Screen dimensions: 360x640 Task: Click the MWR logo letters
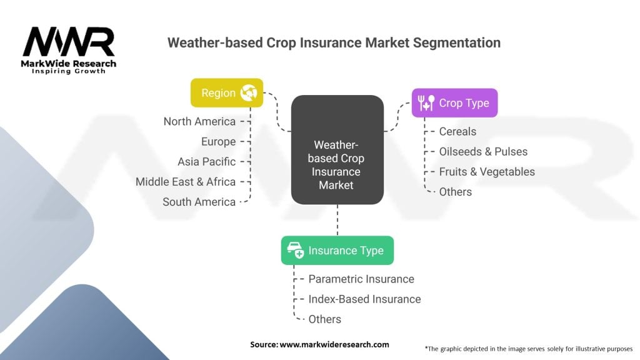point(69,42)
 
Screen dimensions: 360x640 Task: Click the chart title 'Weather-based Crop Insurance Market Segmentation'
point(334,43)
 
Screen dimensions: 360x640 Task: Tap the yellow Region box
point(226,93)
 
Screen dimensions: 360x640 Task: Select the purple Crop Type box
point(454,103)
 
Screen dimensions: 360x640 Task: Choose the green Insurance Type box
point(337,251)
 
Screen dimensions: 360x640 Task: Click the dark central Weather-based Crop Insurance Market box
point(337,150)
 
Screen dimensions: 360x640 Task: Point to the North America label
point(199,121)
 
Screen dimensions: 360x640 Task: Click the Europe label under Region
point(218,141)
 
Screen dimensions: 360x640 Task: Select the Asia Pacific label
point(206,161)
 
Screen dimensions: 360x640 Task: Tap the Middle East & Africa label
point(186,182)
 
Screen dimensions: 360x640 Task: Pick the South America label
point(199,202)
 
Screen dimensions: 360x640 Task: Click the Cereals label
point(457,131)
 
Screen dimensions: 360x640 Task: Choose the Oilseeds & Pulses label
point(483,151)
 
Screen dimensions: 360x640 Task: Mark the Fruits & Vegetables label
point(487,171)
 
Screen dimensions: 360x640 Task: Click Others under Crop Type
point(455,191)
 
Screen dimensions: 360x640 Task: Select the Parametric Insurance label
point(361,279)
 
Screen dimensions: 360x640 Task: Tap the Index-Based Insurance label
point(364,299)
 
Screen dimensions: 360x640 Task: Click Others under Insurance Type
point(324,319)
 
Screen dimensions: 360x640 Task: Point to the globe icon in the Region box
point(249,93)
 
